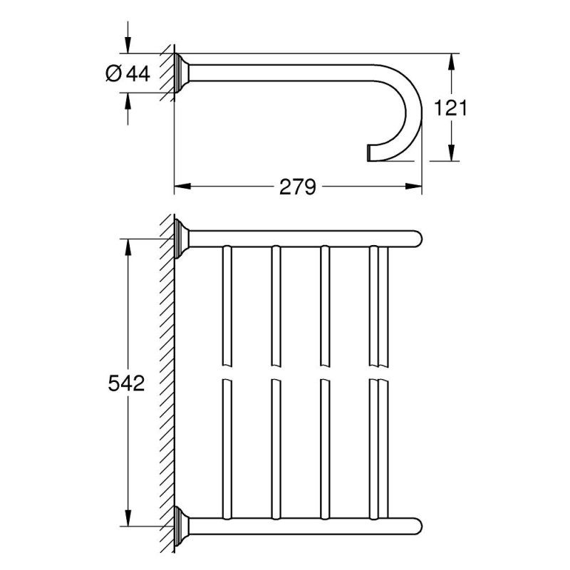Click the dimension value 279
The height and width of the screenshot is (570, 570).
297,187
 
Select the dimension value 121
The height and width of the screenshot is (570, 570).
450,108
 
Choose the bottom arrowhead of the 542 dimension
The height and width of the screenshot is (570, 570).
128,519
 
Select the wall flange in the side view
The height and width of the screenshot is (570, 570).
182,73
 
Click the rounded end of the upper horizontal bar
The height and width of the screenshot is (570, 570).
418,239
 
